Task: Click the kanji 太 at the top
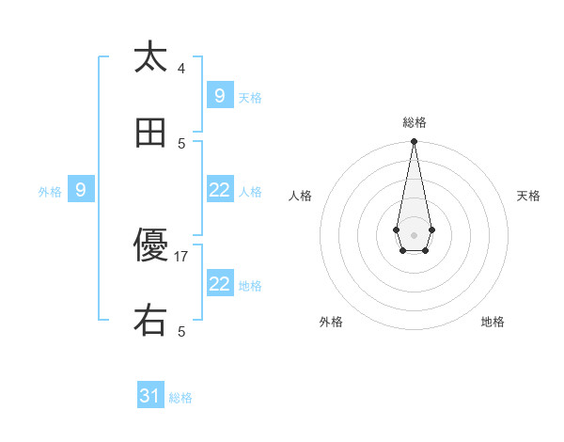click(150, 57)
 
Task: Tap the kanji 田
click(150, 134)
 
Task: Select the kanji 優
click(150, 247)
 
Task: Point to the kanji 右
click(150, 322)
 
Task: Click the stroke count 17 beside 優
click(181, 256)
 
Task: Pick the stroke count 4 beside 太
click(181, 68)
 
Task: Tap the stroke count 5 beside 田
click(181, 143)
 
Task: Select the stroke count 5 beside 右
click(181, 331)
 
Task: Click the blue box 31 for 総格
click(150, 397)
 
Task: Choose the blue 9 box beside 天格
click(219, 96)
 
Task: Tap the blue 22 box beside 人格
click(219, 190)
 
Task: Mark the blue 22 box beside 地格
click(219, 284)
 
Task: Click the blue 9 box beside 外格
click(81, 190)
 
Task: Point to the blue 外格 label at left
click(50, 191)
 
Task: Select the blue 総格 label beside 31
click(180, 398)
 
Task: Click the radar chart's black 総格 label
click(414, 122)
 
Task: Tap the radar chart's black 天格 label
click(528, 196)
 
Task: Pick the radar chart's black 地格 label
click(493, 322)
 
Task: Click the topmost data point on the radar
click(414, 141)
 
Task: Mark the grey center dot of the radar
click(414, 233)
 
